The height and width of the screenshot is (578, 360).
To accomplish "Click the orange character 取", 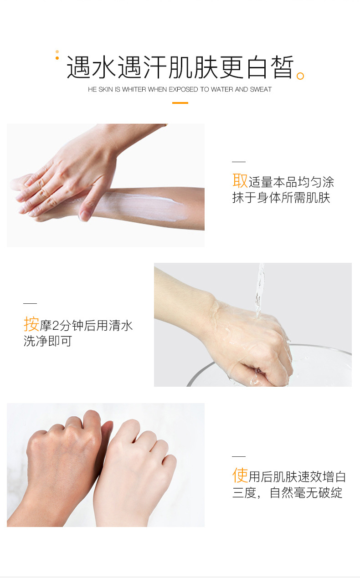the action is pyautogui.click(x=240, y=181).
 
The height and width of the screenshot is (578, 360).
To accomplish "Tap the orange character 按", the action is pyautogui.click(x=31, y=324).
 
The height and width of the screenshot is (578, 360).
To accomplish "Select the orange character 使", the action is pyautogui.click(x=240, y=476).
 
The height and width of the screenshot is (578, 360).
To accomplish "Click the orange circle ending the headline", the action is pyautogui.click(x=300, y=76).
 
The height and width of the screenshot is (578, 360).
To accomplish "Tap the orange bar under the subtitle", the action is pyautogui.click(x=180, y=103).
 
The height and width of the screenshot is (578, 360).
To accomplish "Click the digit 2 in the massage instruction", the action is pyautogui.click(x=56, y=326).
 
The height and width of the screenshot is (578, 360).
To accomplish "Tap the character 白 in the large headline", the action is pyautogui.click(x=257, y=67).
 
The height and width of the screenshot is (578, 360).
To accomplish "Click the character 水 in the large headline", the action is pyautogui.click(x=103, y=67).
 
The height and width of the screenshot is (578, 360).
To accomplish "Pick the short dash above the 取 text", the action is pyautogui.click(x=239, y=162).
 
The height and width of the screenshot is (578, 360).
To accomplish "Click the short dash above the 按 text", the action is pyautogui.click(x=30, y=303).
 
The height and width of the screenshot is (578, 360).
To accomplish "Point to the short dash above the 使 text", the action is pyautogui.click(x=239, y=456).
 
